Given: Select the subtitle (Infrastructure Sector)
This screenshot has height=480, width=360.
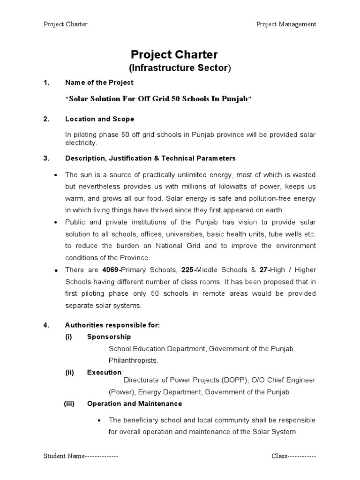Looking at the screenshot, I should pyautogui.click(x=180, y=68).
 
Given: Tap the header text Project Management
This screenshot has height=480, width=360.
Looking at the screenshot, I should pyautogui.click(x=286, y=24).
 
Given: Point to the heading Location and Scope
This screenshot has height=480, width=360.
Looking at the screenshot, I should pyautogui.click(x=99, y=119).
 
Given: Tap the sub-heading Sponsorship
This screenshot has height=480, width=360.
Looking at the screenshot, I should pyautogui.click(x=109, y=337).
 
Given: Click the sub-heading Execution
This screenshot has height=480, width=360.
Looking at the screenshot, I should pyautogui.click(x=104, y=372).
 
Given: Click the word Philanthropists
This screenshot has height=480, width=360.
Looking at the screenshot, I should pyautogui.click(x=134, y=360).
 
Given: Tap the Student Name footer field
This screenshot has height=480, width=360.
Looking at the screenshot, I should pyautogui.click(x=81, y=456).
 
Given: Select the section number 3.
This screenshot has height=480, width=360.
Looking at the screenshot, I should pyautogui.click(x=46, y=158).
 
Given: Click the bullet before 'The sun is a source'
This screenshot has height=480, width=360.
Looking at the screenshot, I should pyautogui.click(x=56, y=175).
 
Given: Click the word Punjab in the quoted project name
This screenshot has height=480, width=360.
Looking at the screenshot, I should pyautogui.click(x=232, y=99).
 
